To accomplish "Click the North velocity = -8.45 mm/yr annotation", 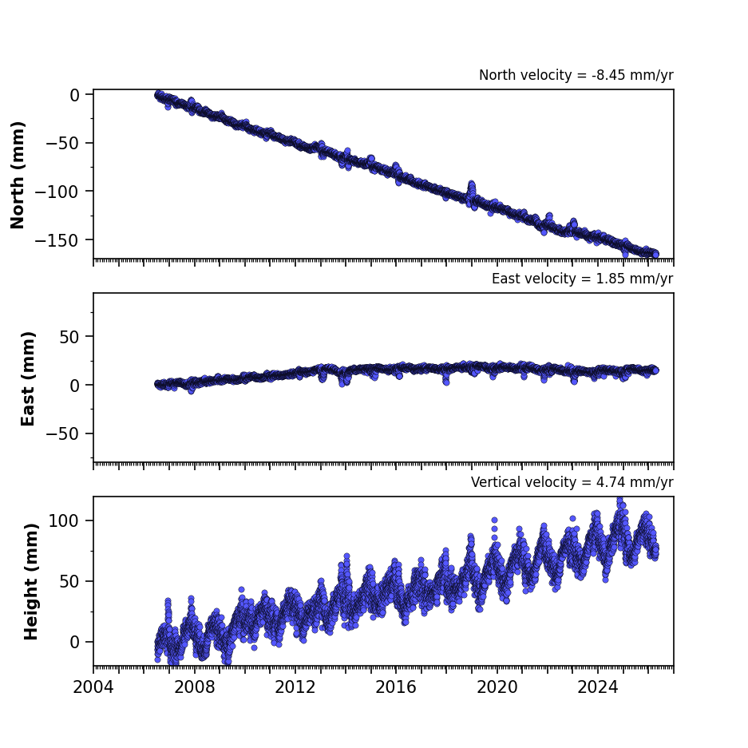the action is [x=576, y=75].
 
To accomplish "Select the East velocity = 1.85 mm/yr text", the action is [x=583, y=279].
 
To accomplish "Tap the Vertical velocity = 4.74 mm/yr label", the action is [x=572, y=482].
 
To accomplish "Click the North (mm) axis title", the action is [x=18, y=175].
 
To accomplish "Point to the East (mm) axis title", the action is [x=28, y=378].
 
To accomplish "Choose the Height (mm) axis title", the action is [x=30, y=582].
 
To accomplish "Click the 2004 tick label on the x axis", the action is [x=93, y=687].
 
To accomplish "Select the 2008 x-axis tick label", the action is [x=195, y=687].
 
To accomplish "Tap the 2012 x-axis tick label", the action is [x=295, y=687].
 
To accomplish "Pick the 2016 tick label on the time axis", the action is [x=396, y=687].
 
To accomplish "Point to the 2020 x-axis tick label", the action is [x=497, y=687].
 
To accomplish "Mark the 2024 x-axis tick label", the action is [x=598, y=687].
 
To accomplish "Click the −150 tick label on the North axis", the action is [x=57, y=240].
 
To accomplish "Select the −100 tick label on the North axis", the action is [x=57, y=192].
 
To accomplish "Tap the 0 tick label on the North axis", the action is [x=75, y=96].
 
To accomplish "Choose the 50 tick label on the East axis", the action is [x=69, y=337].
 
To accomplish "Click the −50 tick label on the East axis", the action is [x=62, y=434].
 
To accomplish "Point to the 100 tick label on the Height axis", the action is [x=65, y=521].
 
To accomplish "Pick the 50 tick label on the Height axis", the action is [x=69, y=581].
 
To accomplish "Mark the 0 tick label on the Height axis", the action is [x=75, y=643].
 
